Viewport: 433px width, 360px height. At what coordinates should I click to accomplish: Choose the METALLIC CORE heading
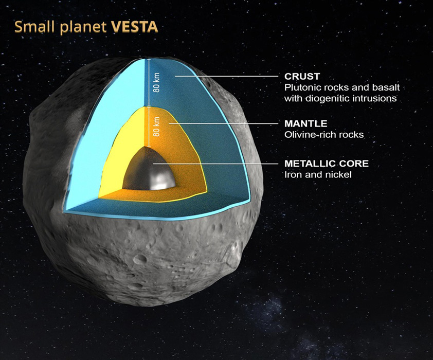coord(327,164)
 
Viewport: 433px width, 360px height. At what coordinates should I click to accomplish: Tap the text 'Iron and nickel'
coord(314,174)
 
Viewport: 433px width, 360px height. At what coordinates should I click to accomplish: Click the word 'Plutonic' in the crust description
coord(301,87)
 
